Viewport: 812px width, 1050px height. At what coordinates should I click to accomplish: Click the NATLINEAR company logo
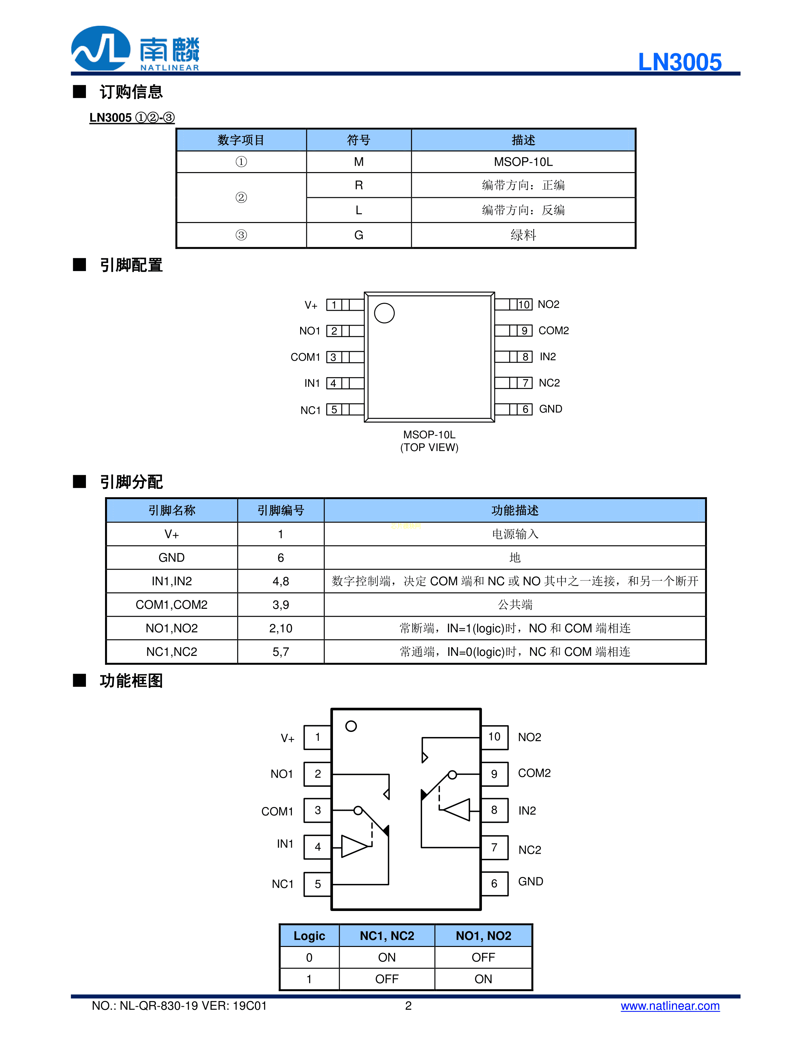click(x=135, y=49)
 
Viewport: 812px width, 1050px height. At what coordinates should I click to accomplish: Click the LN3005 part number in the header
click(x=679, y=62)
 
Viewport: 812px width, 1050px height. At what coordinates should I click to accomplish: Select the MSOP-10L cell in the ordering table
click(x=523, y=162)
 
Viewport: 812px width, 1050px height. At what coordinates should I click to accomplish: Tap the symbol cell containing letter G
click(x=358, y=235)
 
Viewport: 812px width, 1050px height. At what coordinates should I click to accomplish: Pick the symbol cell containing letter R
click(x=358, y=185)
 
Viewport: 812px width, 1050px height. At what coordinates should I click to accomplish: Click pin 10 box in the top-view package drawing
click(x=524, y=304)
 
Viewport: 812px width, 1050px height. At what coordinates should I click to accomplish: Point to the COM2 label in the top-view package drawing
click(x=553, y=331)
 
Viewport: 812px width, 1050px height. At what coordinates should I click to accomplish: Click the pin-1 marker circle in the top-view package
click(x=384, y=313)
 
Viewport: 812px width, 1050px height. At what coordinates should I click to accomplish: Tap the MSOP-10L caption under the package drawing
click(x=429, y=435)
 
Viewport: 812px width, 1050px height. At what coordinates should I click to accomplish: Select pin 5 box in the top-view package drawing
click(x=334, y=410)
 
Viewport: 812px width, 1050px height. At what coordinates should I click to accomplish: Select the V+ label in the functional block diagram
click(x=288, y=739)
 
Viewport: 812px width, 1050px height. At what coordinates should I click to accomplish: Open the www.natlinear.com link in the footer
click(x=670, y=1006)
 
